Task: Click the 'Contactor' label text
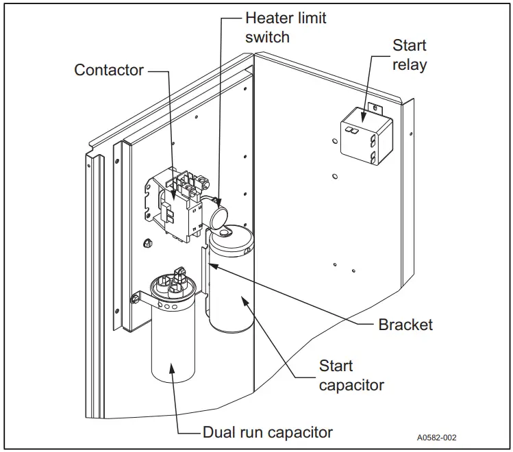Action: click(109, 70)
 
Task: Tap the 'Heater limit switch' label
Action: click(286, 27)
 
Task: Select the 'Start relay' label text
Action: click(410, 55)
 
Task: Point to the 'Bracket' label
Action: click(405, 325)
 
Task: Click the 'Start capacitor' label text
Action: click(351, 375)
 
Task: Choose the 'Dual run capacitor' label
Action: click(268, 432)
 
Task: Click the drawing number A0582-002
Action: click(436, 438)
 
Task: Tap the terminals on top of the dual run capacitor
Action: click(173, 281)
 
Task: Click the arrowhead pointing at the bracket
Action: click(212, 266)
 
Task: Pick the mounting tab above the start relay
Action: click(375, 108)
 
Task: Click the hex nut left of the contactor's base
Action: click(147, 242)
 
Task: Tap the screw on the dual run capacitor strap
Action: click(134, 299)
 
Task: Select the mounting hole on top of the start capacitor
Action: click(223, 233)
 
